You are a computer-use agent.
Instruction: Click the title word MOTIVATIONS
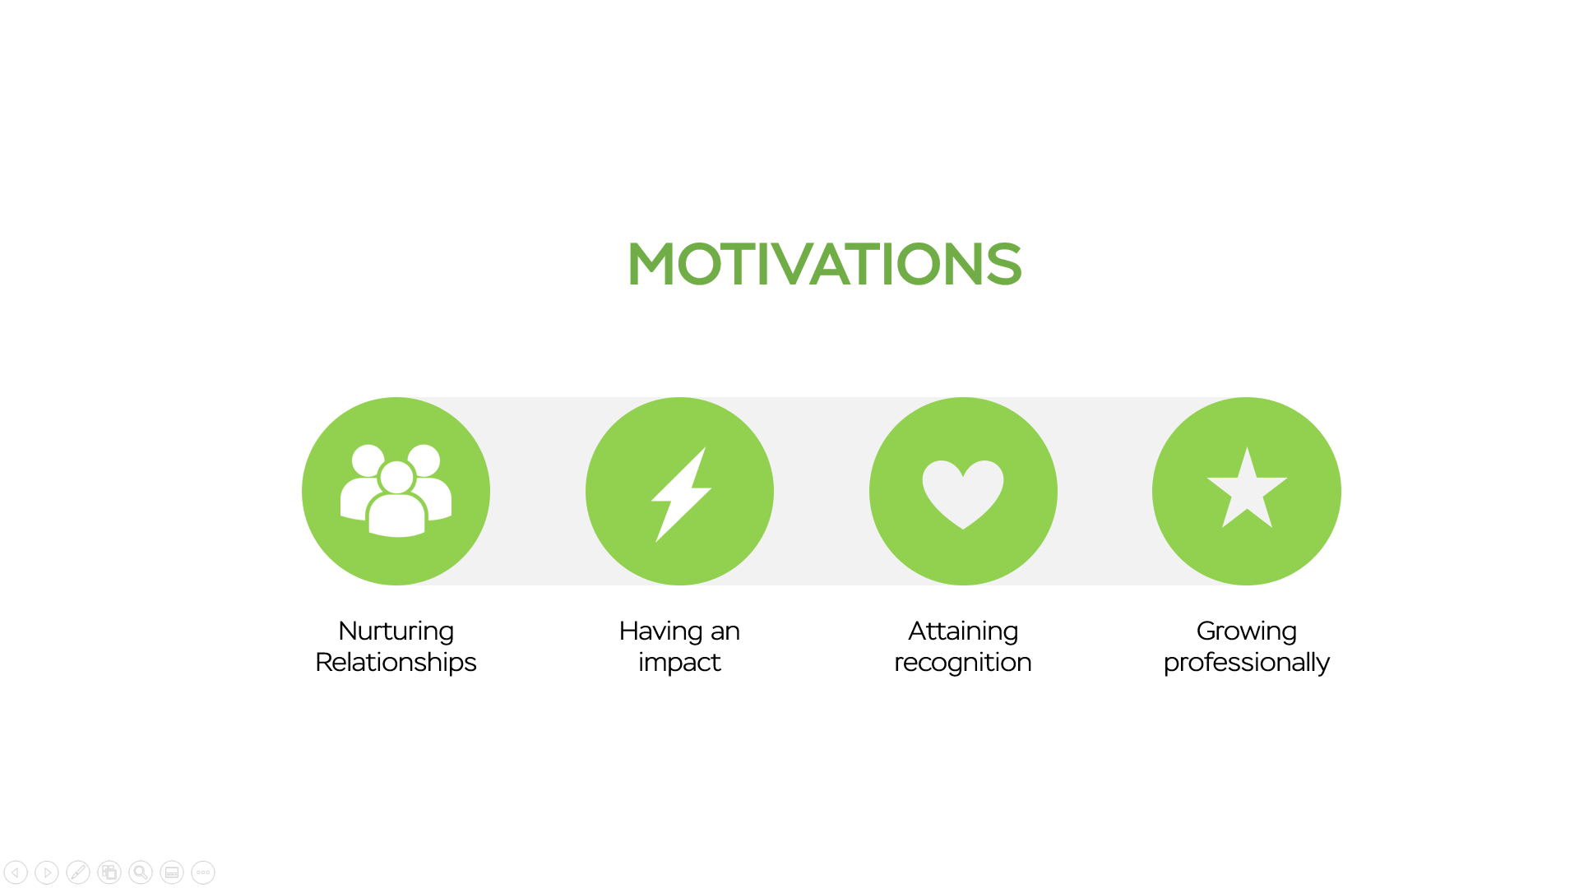click(x=824, y=264)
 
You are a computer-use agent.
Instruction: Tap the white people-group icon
click(x=396, y=491)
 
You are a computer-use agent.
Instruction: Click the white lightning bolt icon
click(x=681, y=494)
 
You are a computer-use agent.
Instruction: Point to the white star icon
click(x=1247, y=488)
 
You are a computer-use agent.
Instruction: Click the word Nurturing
click(x=396, y=631)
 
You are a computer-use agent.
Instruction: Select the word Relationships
click(x=396, y=663)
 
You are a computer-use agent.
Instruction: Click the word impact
click(x=679, y=663)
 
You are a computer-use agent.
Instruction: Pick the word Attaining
click(x=963, y=631)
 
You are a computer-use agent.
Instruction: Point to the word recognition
click(x=963, y=663)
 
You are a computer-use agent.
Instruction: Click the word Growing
click(x=1247, y=631)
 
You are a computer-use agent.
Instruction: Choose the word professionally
click(x=1247, y=663)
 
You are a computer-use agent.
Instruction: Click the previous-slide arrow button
click(x=16, y=872)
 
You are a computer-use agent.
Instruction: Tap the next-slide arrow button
click(x=47, y=872)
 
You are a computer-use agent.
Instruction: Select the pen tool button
click(x=78, y=872)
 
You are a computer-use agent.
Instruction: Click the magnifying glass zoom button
click(x=141, y=872)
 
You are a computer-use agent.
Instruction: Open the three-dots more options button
click(x=203, y=872)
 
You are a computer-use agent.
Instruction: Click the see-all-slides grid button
click(x=109, y=872)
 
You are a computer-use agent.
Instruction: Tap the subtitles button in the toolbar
click(x=172, y=872)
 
